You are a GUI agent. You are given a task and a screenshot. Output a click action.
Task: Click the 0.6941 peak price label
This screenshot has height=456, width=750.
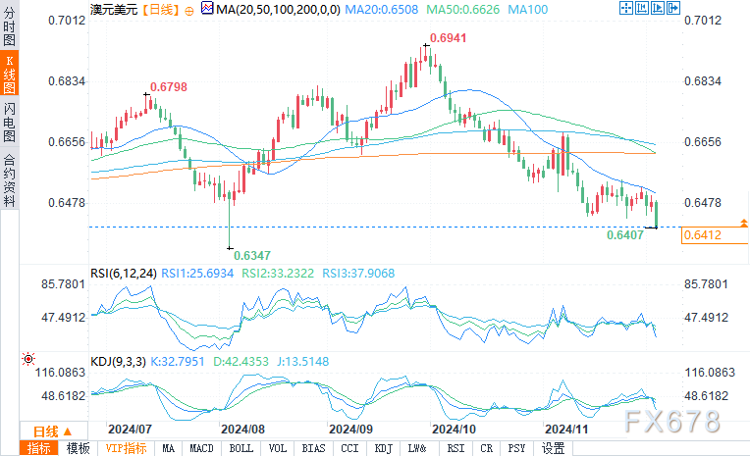[449, 36]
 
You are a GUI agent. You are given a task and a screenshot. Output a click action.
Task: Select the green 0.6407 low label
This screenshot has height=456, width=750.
[625, 235]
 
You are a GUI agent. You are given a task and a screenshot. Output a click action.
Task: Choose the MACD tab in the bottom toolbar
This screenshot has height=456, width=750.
[202, 448]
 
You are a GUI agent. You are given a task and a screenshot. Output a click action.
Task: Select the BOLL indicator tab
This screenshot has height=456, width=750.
[241, 448]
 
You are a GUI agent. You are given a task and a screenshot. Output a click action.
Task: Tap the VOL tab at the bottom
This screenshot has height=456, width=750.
[279, 448]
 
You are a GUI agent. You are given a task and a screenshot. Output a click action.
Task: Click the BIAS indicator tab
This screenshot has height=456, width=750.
[314, 448]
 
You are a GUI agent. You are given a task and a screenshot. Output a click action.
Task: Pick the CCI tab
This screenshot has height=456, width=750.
[349, 448]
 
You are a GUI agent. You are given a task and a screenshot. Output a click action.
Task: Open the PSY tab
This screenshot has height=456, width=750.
[516, 448]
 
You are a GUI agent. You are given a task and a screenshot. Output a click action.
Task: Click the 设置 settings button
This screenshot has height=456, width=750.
[554, 448]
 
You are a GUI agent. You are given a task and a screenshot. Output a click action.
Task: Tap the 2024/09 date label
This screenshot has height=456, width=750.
[349, 429]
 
